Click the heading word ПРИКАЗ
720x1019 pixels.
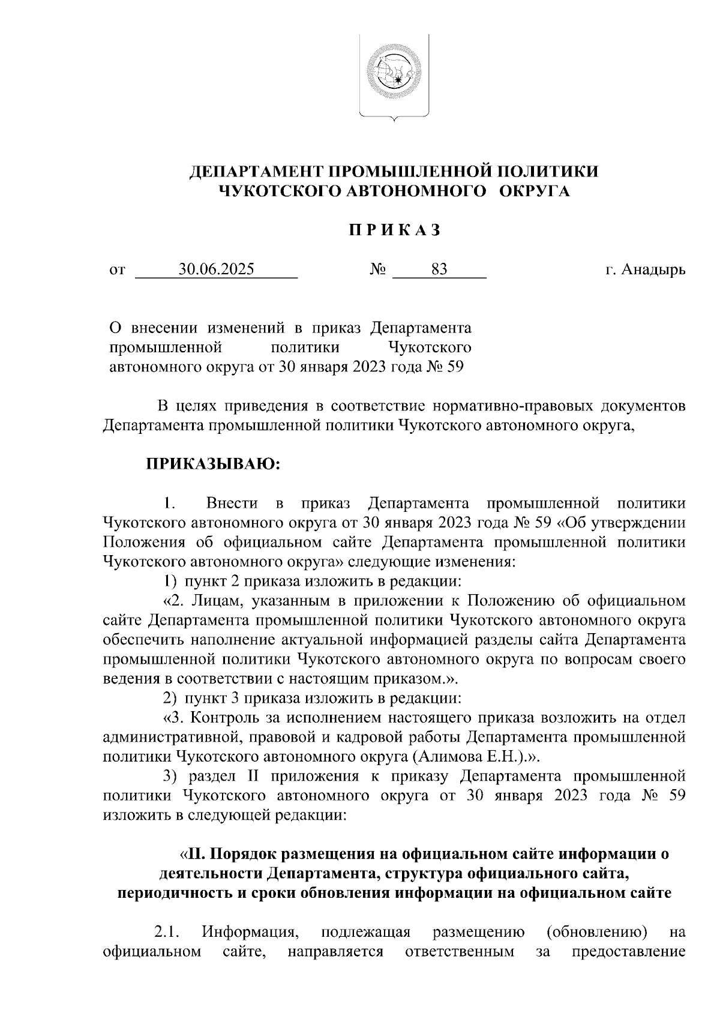coord(395,230)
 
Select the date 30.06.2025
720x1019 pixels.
coord(217,269)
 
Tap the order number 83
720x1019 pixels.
coord(439,269)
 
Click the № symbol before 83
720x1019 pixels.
coord(377,270)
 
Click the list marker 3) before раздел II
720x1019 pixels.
coord(173,775)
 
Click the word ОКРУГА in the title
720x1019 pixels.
coord(534,191)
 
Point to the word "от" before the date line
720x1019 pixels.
coord(117,271)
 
